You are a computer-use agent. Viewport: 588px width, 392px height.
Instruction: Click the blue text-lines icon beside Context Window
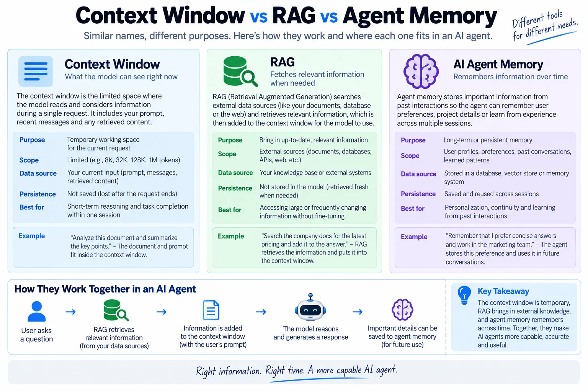click(x=36, y=71)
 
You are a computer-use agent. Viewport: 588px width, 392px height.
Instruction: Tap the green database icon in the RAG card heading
click(x=240, y=71)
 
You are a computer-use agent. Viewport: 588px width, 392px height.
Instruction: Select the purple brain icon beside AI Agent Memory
click(x=421, y=71)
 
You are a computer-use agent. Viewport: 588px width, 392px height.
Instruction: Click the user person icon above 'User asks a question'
click(x=36, y=311)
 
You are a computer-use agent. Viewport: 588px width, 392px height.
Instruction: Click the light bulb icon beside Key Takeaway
click(x=464, y=296)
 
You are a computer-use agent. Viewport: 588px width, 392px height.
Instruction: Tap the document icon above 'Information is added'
click(x=211, y=310)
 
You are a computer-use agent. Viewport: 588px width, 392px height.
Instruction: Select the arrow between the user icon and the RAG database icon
click(x=70, y=312)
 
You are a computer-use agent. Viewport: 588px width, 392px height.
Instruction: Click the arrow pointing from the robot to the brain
click(x=358, y=312)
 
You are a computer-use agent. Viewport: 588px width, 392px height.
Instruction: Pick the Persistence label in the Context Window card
click(x=38, y=194)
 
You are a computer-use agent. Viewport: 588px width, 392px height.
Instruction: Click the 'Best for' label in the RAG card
click(x=230, y=210)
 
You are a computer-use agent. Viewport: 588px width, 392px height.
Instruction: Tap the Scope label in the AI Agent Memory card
click(x=410, y=156)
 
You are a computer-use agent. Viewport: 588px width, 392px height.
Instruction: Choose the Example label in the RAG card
click(x=231, y=236)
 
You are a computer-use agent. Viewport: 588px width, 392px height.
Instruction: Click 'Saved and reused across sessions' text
click(x=492, y=194)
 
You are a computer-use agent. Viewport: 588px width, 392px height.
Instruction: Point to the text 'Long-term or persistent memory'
click(x=488, y=140)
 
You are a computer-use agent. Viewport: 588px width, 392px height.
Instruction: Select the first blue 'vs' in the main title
click(x=258, y=16)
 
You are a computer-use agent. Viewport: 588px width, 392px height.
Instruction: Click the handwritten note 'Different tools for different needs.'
click(x=545, y=26)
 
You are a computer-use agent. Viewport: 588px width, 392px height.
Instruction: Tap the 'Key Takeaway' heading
click(x=503, y=291)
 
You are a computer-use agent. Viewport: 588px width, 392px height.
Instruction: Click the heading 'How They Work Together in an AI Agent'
click(x=105, y=289)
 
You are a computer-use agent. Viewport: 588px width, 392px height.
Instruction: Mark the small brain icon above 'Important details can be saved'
click(x=402, y=310)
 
